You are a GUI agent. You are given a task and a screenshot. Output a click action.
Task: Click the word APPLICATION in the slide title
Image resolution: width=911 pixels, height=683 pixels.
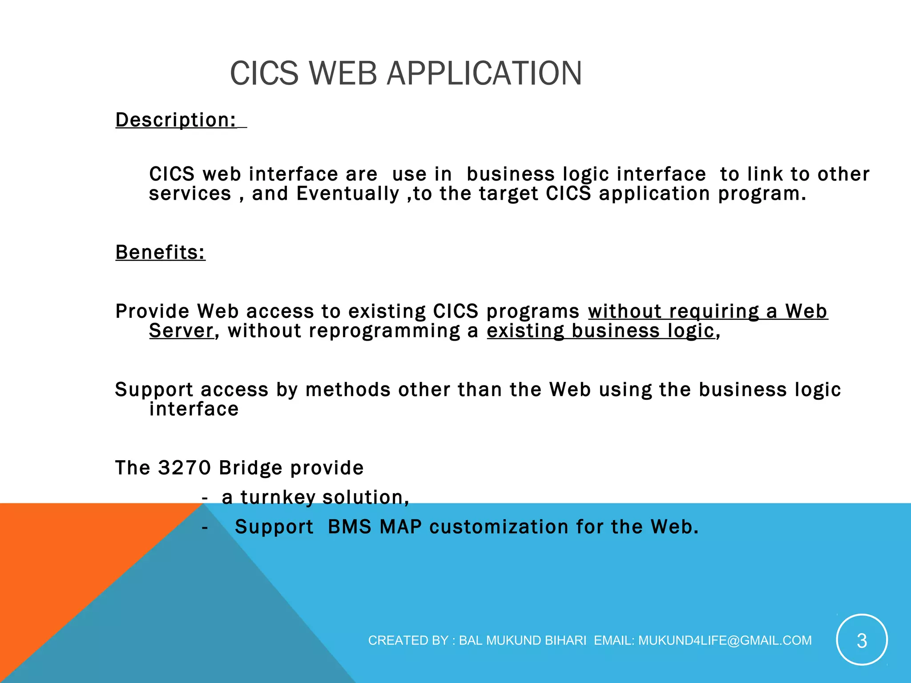click(x=484, y=73)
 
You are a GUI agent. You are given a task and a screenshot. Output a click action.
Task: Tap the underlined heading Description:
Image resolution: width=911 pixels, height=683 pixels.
click(x=176, y=120)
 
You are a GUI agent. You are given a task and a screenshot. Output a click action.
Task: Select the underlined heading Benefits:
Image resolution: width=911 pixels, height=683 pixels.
click(x=160, y=252)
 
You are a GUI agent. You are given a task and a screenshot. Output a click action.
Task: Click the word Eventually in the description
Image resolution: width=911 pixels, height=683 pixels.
click(x=348, y=194)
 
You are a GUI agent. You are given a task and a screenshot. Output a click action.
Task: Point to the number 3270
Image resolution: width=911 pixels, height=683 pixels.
click(x=184, y=468)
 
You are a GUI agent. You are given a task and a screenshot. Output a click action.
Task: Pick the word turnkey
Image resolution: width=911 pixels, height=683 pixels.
click(x=278, y=497)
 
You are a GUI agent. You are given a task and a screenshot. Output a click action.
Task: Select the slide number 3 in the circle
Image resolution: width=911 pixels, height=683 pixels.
click(x=862, y=640)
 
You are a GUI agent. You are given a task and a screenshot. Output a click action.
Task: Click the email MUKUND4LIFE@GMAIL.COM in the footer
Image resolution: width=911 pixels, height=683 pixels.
click(x=725, y=640)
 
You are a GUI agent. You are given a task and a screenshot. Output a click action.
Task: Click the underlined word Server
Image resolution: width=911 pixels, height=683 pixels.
click(x=181, y=331)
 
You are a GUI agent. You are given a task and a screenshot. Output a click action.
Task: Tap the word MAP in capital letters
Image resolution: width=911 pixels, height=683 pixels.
click(x=400, y=527)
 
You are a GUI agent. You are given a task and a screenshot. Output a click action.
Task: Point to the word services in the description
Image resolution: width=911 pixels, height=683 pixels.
click(x=190, y=194)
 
